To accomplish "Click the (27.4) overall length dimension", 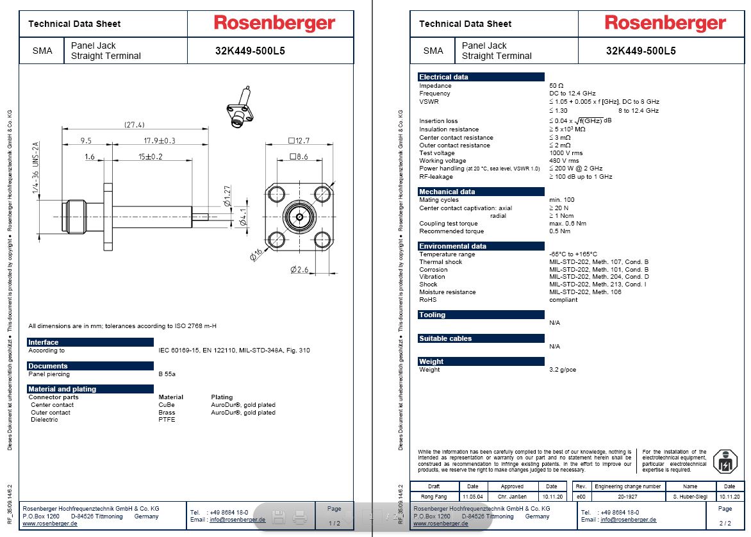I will point(135,124).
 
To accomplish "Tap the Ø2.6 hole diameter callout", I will point(301,270).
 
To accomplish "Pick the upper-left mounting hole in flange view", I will point(277,193).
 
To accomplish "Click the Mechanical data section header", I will point(447,192).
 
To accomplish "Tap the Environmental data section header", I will point(452,246).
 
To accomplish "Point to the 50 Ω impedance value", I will point(556,86).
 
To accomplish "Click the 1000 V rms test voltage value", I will point(566,153).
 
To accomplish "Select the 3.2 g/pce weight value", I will point(563,370).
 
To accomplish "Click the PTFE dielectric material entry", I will point(167,420).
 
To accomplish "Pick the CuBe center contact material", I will point(167,405).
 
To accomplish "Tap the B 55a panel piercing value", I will point(167,374).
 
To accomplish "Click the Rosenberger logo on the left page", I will point(274,24).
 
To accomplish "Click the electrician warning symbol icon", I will point(725,461).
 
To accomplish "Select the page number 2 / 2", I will point(725,524).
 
